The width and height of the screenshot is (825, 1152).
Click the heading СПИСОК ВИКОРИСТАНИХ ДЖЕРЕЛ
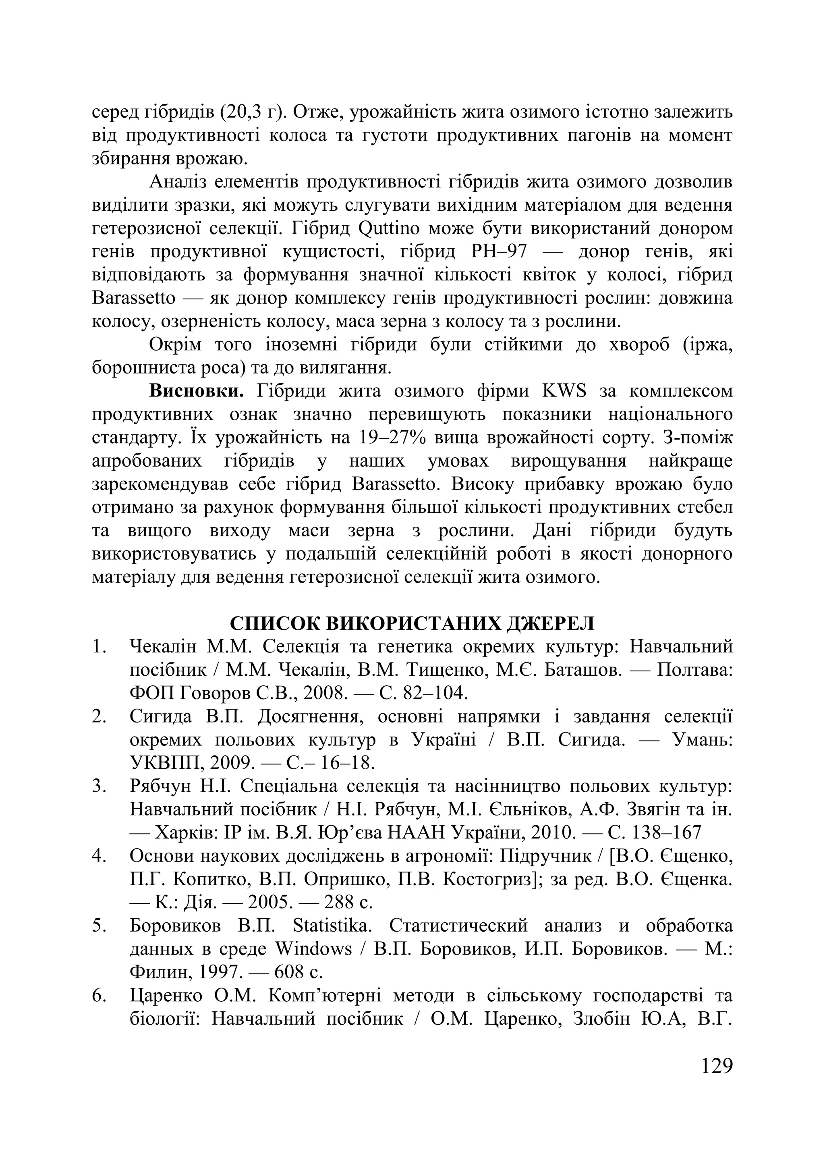pos(412,623)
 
